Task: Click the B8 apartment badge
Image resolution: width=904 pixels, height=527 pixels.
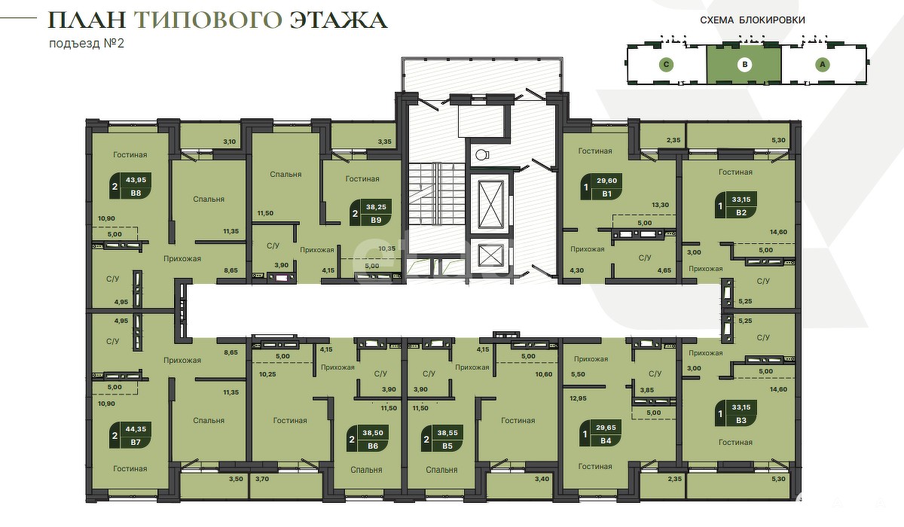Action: click(x=130, y=186)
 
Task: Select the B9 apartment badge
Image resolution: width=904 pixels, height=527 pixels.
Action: click(x=371, y=213)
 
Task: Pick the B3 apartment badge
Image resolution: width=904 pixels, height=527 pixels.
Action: click(x=736, y=413)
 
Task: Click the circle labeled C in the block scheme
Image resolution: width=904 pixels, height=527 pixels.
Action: click(x=666, y=65)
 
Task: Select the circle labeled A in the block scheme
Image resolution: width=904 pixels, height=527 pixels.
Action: click(x=823, y=65)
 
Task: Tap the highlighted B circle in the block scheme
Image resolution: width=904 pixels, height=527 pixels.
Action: click(x=744, y=65)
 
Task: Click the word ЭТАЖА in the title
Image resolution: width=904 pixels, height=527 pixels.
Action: click(x=338, y=20)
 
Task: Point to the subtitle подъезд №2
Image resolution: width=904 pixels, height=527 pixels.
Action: click(x=87, y=43)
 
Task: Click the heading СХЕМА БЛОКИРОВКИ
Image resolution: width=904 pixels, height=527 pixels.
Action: click(x=753, y=20)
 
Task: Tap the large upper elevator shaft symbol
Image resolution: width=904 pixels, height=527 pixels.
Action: click(x=490, y=206)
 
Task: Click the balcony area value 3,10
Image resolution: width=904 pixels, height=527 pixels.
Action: click(x=229, y=142)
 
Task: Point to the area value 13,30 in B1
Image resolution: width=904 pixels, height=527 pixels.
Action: click(x=660, y=205)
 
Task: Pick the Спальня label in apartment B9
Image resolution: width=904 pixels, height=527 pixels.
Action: click(x=286, y=175)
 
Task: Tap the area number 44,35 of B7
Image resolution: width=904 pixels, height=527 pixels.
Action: click(x=136, y=429)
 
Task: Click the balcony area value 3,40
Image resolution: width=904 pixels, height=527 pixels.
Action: click(x=542, y=479)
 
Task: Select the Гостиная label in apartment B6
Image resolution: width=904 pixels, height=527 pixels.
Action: click(x=290, y=421)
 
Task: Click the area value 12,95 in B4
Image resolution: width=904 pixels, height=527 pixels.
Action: click(x=578, y=398)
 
